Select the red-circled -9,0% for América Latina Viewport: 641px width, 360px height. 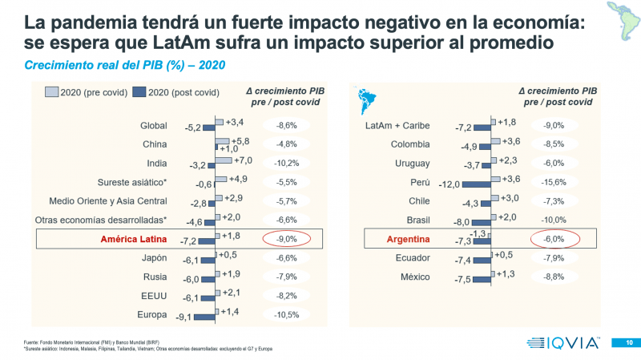287,238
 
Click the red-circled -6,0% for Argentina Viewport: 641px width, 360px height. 553,238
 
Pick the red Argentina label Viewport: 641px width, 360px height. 408,238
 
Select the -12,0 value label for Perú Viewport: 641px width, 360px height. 450,184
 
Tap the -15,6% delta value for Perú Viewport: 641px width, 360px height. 554,182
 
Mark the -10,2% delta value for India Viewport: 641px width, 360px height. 287,163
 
